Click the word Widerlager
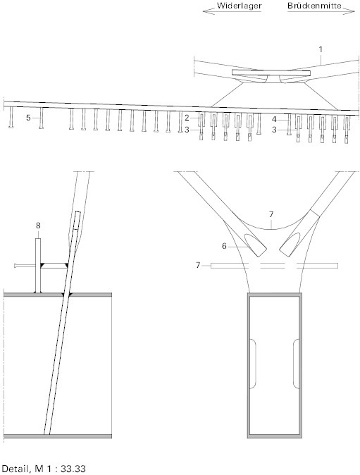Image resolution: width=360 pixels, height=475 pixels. (239, 6)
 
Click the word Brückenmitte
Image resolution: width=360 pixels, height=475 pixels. (314, 6)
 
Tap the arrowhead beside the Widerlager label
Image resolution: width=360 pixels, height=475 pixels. (207, 11)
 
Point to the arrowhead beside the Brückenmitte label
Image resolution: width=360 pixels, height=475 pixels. (350, 11)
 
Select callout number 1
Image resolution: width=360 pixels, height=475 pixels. (321, 49)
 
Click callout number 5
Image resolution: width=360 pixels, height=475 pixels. (28, 118)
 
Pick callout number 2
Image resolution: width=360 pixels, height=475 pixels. (187, 118)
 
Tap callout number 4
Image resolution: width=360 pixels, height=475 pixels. (274, 120)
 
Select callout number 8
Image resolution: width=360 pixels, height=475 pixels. (38, 226)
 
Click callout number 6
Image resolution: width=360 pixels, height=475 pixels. (224, 246)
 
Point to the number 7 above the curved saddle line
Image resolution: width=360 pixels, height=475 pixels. (271, 215)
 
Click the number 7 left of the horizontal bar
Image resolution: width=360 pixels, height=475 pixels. (198, 266)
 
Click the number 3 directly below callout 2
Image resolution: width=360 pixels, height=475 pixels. (187, 130)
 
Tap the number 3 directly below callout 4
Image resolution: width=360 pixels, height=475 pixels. (274, 130)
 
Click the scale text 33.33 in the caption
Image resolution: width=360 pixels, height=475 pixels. (73, 469)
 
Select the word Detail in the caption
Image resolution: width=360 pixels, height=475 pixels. (15, 469)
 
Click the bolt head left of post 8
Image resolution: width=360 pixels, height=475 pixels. (15, 266)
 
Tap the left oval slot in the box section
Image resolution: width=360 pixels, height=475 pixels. (253, 364)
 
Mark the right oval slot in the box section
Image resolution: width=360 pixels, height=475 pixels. (296, 364)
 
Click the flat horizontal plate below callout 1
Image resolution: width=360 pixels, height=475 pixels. (271, 73)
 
